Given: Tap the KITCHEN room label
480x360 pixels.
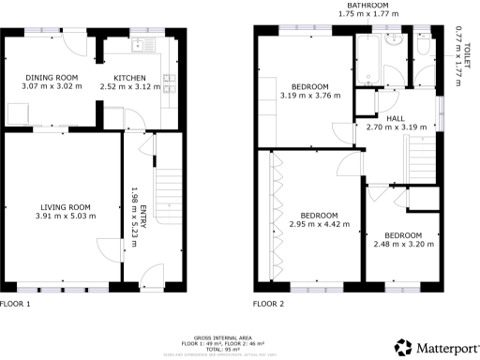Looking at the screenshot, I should [x=129, y=77].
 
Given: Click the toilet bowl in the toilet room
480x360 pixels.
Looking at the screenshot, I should [x=423, y=47].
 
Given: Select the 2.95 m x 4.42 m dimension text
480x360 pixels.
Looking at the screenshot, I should [x=318, y=225].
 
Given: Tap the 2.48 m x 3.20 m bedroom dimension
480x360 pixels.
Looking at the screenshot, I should [x=402, y=243].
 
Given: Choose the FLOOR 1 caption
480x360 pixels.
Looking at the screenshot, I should [x=16, y=304].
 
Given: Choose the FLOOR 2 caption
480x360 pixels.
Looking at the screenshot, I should [x=268, y=304].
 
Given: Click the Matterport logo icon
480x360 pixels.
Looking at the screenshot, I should [x=402, y=347].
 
